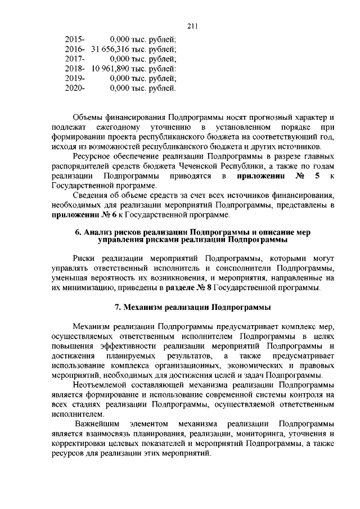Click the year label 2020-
[75, 88]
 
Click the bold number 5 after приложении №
[318, 177]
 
